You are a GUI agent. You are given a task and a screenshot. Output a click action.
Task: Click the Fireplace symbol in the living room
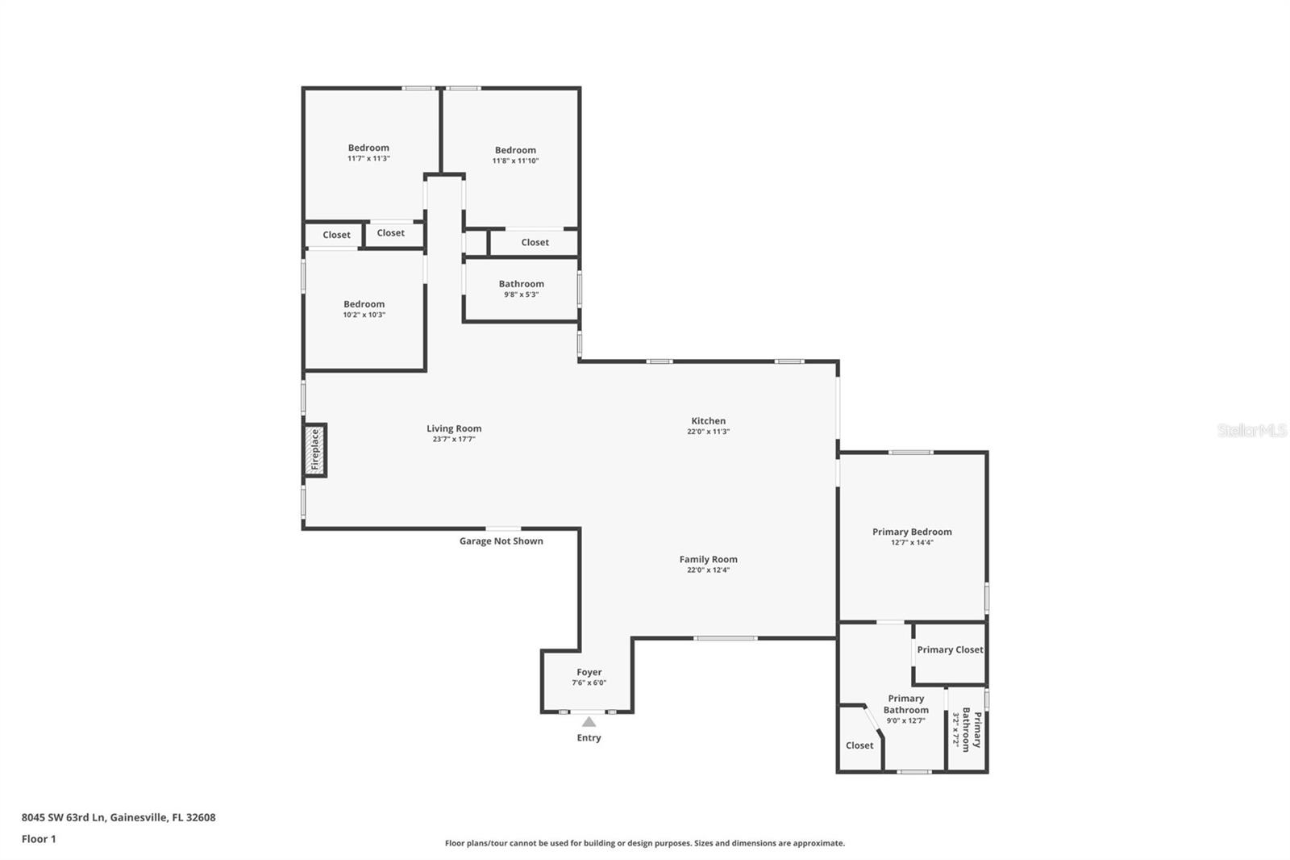[315, 449]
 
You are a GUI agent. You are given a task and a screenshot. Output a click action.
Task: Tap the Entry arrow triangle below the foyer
[589, 722]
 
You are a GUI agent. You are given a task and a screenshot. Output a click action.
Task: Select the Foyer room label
[589, 672]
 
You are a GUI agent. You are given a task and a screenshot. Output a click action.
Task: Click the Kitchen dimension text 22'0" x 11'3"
[709, 432]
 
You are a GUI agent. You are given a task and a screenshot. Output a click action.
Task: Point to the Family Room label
[709, 559]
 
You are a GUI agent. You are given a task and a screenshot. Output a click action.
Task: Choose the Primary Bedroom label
[912, 532]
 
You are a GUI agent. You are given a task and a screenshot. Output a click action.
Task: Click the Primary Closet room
[950, 649]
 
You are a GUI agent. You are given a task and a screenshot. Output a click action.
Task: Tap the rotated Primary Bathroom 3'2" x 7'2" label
[966, 729]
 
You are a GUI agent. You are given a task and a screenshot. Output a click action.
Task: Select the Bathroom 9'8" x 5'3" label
[521, 289]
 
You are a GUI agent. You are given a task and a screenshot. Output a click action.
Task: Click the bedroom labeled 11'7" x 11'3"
[368, 152]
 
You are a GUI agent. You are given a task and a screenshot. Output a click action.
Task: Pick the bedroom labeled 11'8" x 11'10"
[515, 155]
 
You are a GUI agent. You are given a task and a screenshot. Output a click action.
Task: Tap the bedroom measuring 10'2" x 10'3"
[364, 309]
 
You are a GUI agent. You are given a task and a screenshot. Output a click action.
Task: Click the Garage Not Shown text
[501, 541]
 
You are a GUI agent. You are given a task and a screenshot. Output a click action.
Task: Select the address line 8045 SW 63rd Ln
[119, 817]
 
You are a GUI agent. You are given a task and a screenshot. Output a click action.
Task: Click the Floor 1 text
[39, 839]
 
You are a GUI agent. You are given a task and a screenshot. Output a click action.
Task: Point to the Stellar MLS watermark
[1252, 431]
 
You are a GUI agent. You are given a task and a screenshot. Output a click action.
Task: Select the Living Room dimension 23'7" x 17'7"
[454, 440]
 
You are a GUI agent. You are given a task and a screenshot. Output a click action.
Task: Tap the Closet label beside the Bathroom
[535, 242]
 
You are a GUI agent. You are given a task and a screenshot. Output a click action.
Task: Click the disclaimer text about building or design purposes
[645, 843]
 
